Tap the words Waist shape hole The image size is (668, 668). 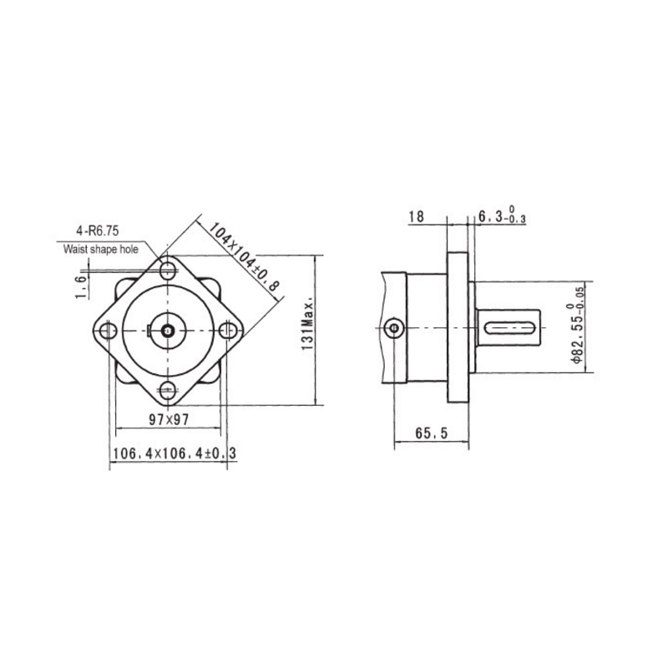(x=100, y=248)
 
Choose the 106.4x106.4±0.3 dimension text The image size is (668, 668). (x=173, y=453)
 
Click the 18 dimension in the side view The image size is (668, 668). (x=417, y=217)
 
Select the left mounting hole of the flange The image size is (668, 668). (x=109, y=331)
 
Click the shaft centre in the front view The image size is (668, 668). (x=169, y=331)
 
